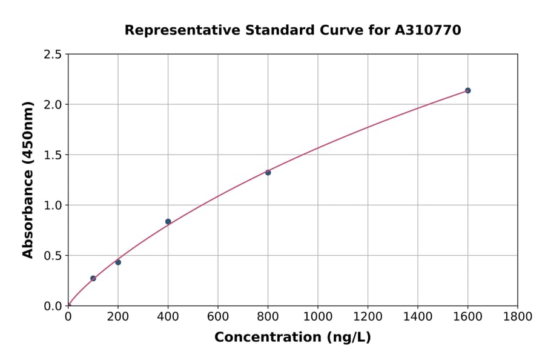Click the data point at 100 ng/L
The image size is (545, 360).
click(93, 278)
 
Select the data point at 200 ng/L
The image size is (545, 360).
click(118, 262)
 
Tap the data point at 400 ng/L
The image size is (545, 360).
click(168, 222)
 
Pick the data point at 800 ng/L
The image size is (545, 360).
click(268, 173)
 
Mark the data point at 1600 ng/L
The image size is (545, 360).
click(467, 90)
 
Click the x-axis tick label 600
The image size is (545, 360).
click(218, 316)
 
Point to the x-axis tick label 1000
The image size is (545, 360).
click(318, 316)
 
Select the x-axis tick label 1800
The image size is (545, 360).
click(518, 316)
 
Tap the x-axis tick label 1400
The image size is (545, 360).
click(418, 316)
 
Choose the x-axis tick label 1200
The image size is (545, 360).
click(368, 316)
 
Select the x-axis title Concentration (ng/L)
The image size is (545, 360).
click(292, 337)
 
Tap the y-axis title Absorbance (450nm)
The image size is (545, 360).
click(28, 179)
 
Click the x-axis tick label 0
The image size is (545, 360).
click(68, 316)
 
